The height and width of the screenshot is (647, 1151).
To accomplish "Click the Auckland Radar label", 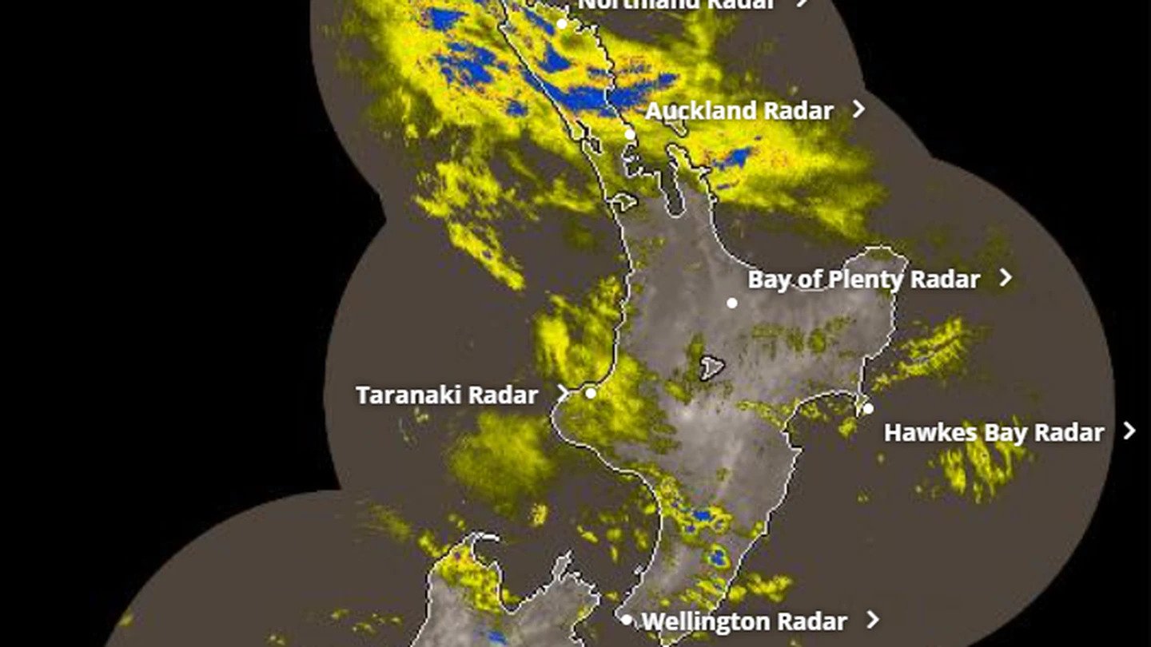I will pos(739,111).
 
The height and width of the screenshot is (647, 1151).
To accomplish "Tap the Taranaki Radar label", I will pos(446,395).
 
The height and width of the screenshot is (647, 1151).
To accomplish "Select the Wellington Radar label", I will pos(743,621).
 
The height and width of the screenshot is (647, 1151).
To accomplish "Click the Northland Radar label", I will pos(675,4).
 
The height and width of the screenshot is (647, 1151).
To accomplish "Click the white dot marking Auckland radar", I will pos(630,134).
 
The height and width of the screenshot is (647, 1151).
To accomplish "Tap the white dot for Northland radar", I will pos(562,24).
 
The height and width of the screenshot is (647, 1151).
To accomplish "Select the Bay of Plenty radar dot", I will pos(731,303).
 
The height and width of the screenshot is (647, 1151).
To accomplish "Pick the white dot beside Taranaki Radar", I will pos(591,393).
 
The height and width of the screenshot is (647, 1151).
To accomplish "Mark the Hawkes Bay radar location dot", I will pos(868,409).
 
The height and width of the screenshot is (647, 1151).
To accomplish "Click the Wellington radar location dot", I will pos(627,619).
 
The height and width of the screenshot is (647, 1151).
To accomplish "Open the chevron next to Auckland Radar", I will pos(859,109).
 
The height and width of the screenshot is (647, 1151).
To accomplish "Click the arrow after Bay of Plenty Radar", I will pos(1006,277).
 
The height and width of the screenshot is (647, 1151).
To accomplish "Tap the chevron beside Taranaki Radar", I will pos(564,393).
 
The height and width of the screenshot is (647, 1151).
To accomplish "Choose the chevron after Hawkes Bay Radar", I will pos(1129,431).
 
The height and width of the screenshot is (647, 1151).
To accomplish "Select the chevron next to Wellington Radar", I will pos(873,619).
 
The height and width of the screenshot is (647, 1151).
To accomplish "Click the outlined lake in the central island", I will pos(711,368).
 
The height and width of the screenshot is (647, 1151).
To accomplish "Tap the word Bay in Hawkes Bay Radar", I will pos(1004,433).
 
